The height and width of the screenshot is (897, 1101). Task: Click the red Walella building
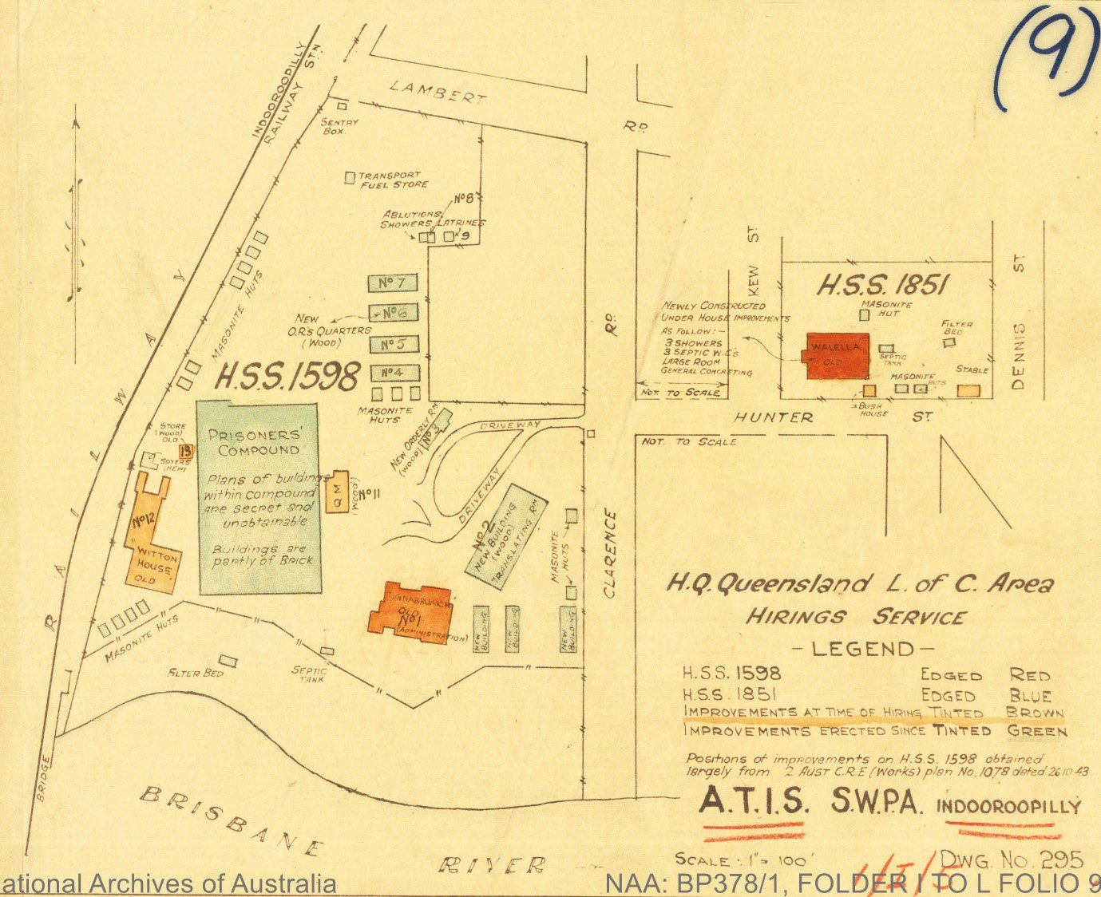tap(837, 356)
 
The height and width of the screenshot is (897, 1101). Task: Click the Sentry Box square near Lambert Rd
tap(342, 105)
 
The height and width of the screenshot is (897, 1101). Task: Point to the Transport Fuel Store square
tap(349, 177)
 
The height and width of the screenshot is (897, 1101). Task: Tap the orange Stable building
tap(968, 390)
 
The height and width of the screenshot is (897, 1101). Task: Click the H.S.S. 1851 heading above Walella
tap(881, 286)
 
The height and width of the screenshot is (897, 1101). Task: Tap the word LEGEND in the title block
tap(864, 649)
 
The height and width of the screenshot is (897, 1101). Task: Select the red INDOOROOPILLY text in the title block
tap(1008, 806)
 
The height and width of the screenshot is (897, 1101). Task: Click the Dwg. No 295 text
tap(1011, 859)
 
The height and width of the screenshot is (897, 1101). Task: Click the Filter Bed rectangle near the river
tap(228, 661)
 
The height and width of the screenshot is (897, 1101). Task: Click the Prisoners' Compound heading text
tap(258, 442)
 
